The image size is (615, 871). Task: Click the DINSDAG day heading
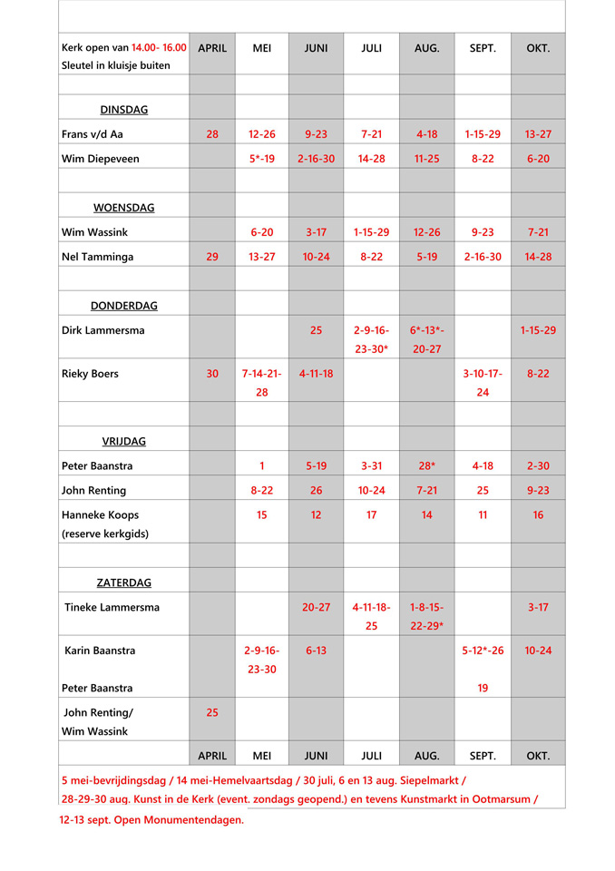123,110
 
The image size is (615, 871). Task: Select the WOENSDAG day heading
123,208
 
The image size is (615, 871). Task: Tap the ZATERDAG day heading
123,582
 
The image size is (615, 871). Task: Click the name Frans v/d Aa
92,134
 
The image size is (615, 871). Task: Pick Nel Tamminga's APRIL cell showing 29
212,257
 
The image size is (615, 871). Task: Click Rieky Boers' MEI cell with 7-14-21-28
261,383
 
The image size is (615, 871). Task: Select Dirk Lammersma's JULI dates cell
371,339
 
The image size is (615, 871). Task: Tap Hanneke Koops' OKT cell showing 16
538,515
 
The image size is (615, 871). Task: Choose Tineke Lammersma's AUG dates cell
426,616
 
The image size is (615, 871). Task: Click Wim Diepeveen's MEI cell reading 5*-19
261,159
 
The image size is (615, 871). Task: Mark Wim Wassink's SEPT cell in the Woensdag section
483,232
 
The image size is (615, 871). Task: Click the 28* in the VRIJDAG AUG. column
426,466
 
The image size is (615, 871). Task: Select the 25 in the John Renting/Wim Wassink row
212,712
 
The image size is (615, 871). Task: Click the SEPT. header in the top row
483,48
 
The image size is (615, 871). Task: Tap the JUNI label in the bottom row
316,755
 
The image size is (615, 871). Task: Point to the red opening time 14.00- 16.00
159,48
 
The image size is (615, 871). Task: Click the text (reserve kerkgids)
105,533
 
